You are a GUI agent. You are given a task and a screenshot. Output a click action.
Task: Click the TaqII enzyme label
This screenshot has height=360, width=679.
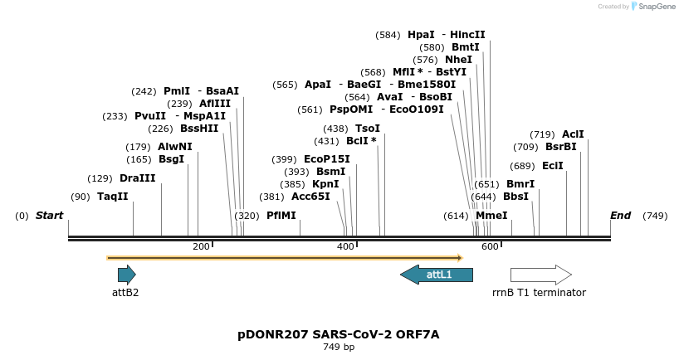[x=113, y=197]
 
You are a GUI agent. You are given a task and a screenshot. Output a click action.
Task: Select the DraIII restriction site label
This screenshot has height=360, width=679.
[x=137, y=178]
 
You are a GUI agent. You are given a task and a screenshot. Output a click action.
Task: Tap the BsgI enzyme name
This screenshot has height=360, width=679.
[x=171, y=159]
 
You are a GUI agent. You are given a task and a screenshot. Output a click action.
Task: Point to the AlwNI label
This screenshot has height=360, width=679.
[x=174, y=147]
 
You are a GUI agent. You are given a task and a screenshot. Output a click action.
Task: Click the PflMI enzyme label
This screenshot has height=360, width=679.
[x=281, y=216]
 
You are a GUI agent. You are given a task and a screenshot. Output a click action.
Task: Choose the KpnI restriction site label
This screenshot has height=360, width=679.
[x=325, y=184]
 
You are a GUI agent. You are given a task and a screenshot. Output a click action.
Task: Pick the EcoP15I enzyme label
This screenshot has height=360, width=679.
[x=327, y=159]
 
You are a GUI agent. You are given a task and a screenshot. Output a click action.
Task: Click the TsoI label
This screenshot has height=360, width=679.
[x=368, y=129]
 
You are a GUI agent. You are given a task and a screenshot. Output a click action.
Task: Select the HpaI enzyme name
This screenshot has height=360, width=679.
[x=421, y=35]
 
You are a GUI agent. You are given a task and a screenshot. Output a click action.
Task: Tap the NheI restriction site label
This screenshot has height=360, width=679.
[x=458, y=60]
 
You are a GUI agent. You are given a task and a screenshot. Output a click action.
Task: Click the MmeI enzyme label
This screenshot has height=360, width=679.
[x=491, y=216]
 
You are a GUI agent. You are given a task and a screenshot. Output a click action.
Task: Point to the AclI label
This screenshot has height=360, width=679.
[x=573, y=134]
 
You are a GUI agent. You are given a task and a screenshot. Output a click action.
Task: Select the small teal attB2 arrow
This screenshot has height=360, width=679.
[x=126, y=275]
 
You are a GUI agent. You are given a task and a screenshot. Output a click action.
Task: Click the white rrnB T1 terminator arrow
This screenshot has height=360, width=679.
[x=540, y=275]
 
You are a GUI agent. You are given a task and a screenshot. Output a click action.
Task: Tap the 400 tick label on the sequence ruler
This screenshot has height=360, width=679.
[x=345, y=246]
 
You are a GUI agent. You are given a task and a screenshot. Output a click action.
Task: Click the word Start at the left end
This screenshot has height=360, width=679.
[x=49, y=216]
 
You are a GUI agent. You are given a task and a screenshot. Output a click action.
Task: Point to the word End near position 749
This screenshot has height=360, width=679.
[x=621, y=216]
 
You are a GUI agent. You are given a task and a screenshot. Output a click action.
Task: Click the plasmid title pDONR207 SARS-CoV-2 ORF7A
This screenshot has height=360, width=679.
[x=339, y=334]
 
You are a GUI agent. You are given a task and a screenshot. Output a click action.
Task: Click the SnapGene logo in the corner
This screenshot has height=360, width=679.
[x=655, y=7]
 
